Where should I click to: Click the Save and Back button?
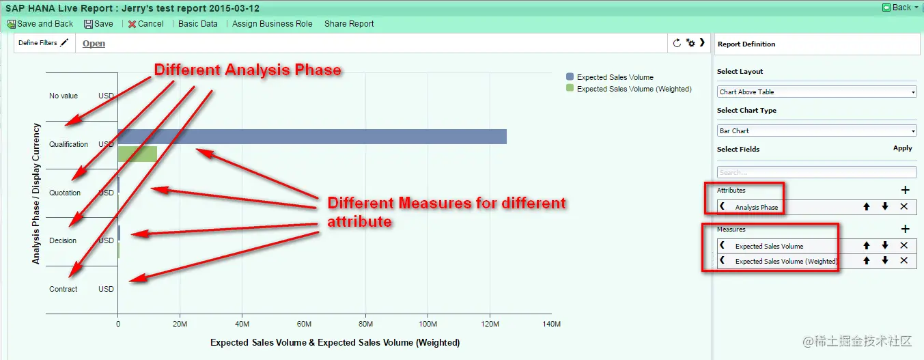(x=40, y=24)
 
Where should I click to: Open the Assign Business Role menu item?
(x=272, y=24)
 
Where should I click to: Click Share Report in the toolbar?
(x=349, y=24)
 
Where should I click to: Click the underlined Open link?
(x=94, y=43)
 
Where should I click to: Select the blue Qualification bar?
(x=312, y=137)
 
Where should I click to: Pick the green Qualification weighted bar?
(x=137, y=154)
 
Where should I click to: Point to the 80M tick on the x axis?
(x=365, y=324)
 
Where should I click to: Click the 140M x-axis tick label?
(x=552, y=324)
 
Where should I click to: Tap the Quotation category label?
(x=65, y=193)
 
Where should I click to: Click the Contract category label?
(x=63, y=289)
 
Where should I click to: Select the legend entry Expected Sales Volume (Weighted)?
(x=629, y=89)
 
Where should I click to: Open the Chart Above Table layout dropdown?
(x=817, y=92)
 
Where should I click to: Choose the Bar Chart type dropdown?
(x=817, y=131)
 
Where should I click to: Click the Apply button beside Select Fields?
(x=903, y=148)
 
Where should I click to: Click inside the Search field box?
(x=817, y=172)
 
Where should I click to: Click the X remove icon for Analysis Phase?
(x=904, y=206)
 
